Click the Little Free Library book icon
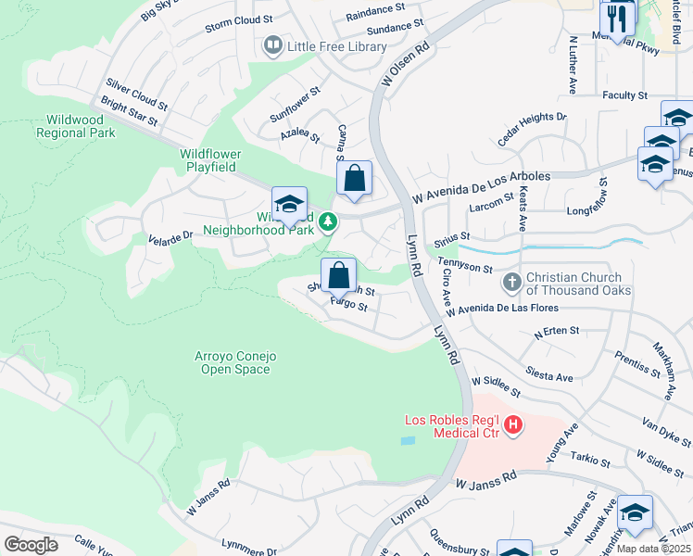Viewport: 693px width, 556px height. click(x=273, y=44)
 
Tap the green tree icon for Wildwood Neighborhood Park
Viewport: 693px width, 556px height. click(x=325, y=222)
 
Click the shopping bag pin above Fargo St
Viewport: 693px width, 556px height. click(x=339, y=275)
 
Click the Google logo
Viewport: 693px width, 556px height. click(x=31, y=544)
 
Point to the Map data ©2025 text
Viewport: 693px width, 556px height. click(x=653, y=549)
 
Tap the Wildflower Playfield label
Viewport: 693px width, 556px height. click(x=210, y=158)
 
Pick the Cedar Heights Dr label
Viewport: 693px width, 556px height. click(x=532, y=129)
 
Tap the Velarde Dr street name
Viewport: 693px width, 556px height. click(x=170, y=238)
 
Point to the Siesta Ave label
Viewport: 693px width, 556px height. click(x=549, y=377)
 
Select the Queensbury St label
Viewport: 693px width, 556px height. click(x=459, y=542)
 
